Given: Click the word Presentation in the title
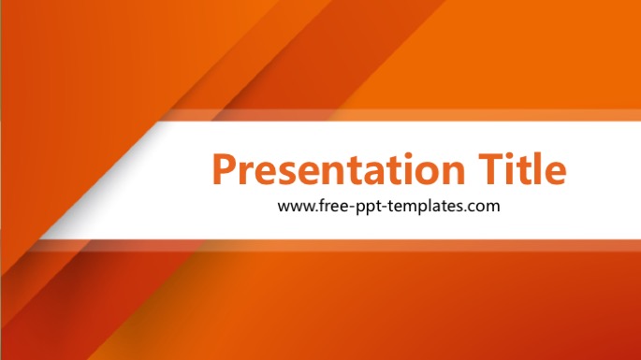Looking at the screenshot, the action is pos(339,168).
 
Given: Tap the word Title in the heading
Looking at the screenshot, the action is pos(522,168).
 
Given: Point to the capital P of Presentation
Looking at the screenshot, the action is pos(225,168).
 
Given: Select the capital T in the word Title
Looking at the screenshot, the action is pos(490,168).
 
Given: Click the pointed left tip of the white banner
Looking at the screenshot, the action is pos(40,238).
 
